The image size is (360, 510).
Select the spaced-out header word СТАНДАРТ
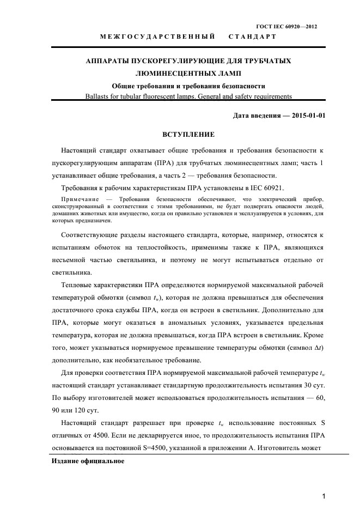click(x=252, y=37)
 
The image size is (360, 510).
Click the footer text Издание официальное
click(x=88, y=461)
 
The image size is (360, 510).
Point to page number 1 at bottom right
click(x=324, y=496)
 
